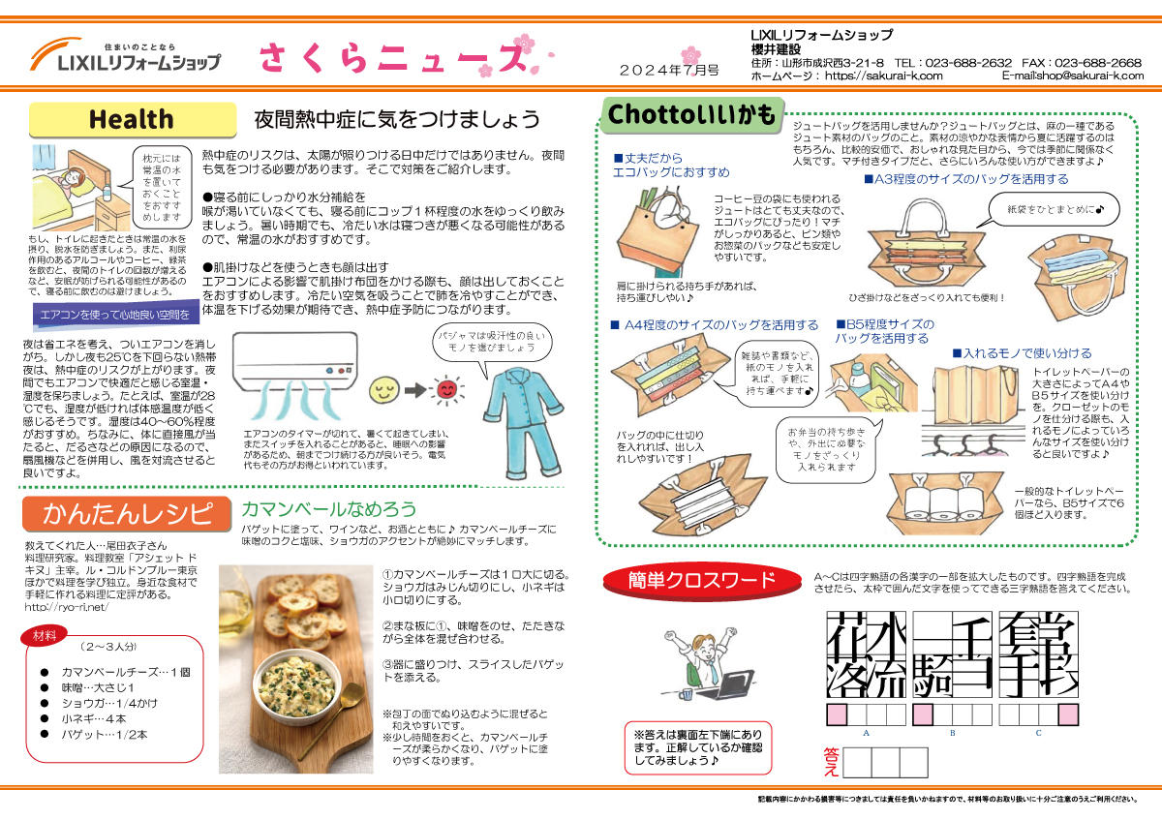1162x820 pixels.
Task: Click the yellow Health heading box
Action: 132,120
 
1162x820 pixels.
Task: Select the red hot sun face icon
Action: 446,390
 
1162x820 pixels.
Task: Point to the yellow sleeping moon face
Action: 383,390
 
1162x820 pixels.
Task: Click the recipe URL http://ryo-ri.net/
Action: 66,607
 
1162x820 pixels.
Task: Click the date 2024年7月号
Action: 669,71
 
